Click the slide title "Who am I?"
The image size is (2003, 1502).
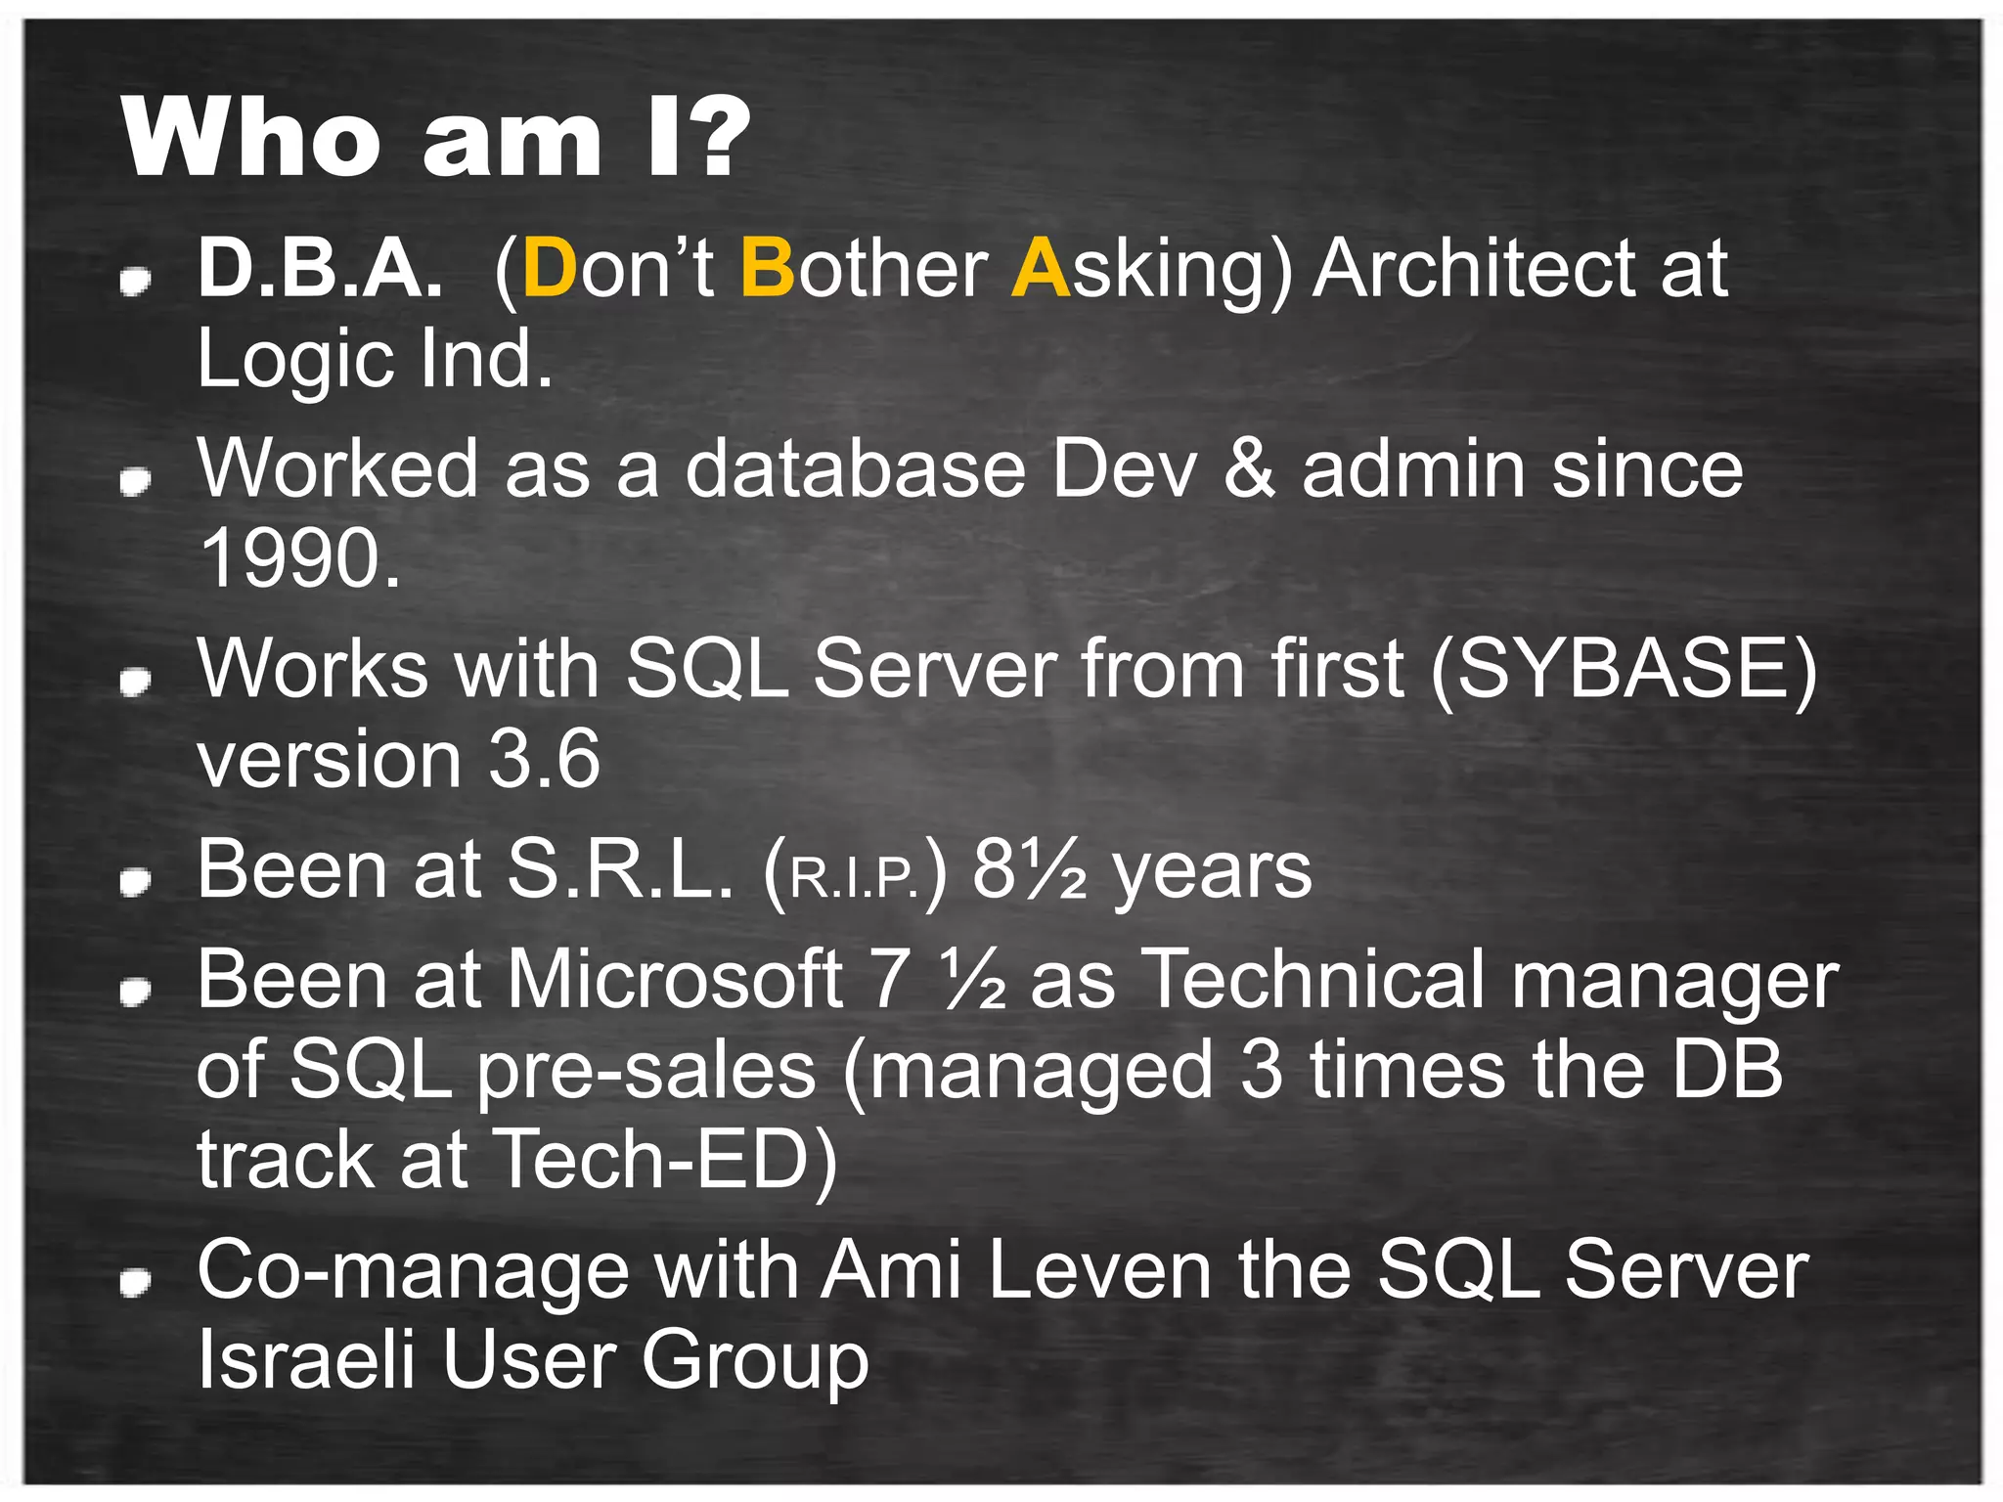[x=435, y=139]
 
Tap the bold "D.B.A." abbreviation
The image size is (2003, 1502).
[x=320, y=269]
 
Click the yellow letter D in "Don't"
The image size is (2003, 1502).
[x=550, y=269]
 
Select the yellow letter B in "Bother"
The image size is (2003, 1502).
[x=768, y=269]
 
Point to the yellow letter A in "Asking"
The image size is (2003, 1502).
[x=1041, y=269]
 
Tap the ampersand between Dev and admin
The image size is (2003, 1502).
[x=1250, y=469]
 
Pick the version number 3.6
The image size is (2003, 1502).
[x=544, y=760]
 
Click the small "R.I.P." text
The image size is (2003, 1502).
[x=854, y=877]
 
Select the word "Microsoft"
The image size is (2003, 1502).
[x=675, y=979]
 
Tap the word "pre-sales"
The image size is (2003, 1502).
[x=645, y=1072]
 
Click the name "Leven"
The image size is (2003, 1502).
[x=1099, y=1270]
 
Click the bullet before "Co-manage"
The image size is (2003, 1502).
[x=135, y=1282]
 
